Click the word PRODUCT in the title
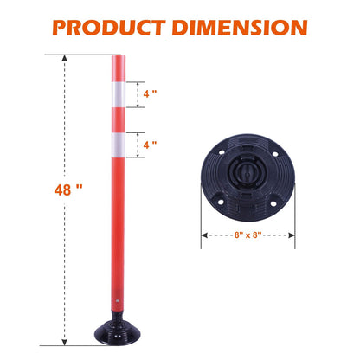115,26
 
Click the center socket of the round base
245,180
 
